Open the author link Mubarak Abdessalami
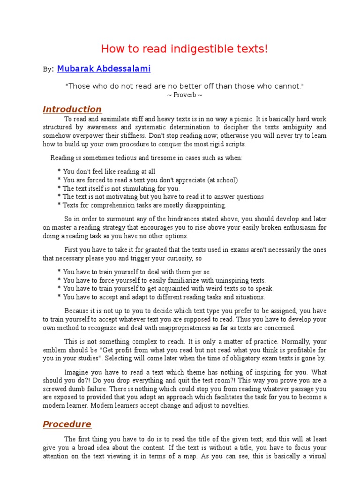point(104,69)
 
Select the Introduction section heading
point(72,109)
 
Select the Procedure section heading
point(67,424)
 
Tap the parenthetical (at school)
point(220,180)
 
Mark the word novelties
point(233,406)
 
